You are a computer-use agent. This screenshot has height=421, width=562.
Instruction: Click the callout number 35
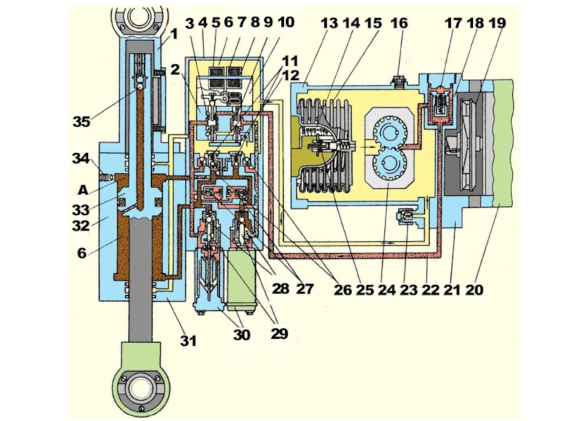click(x=81, y=121)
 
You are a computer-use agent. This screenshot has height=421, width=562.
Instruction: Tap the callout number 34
click(x=81, y=158)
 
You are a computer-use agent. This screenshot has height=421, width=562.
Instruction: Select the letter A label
click(x=83, y=189)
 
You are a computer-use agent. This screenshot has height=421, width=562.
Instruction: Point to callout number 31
click(x=188, y=340)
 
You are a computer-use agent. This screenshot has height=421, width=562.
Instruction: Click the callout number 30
click(x=242, y=335)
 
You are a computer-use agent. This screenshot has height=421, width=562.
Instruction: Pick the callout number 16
click(x=399, y=23)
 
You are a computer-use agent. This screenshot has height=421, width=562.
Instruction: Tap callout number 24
click(x=387, y=289)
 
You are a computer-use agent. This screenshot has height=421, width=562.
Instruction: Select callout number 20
click(x=474, y=289)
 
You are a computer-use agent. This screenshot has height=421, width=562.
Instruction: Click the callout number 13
click(x=329, y=23)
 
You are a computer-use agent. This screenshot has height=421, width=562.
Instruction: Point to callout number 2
click(x=174, y=69)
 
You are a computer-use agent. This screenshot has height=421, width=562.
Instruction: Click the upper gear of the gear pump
click(x=389, y=132)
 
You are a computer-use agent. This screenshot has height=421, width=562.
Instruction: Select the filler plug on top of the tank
click(x=399, y=81)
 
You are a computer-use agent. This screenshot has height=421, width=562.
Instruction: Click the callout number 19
click(x=497, y=23)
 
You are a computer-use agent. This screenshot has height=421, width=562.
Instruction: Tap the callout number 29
click(x=280, y=333)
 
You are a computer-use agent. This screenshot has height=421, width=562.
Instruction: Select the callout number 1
click(x=174, y=34)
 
